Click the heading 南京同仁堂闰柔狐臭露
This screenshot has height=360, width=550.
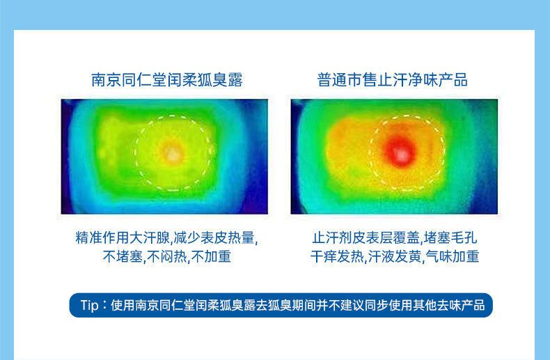pos(167,80)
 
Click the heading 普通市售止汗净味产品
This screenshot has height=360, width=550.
pos(392,80)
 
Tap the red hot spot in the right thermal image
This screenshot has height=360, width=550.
pos(400,152)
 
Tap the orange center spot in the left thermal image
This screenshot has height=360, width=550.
pos(172,153)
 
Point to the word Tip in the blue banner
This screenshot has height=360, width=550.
pos(89,305)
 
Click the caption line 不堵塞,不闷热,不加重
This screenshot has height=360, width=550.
pos(167,256)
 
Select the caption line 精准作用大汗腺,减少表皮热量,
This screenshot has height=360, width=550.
pos(167,238)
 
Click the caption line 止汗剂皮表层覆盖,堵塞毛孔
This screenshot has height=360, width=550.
pos(395,238)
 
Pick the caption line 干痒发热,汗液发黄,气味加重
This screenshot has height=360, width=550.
pos(395,256)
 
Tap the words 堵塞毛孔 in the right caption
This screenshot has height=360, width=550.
pos(450,238)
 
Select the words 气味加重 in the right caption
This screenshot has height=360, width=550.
pos(453,256)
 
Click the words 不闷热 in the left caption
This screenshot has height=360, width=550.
pos(167,256)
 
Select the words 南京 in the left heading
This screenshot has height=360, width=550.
pos(106,80)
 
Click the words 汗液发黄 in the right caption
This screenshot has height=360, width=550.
pos(395,256)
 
